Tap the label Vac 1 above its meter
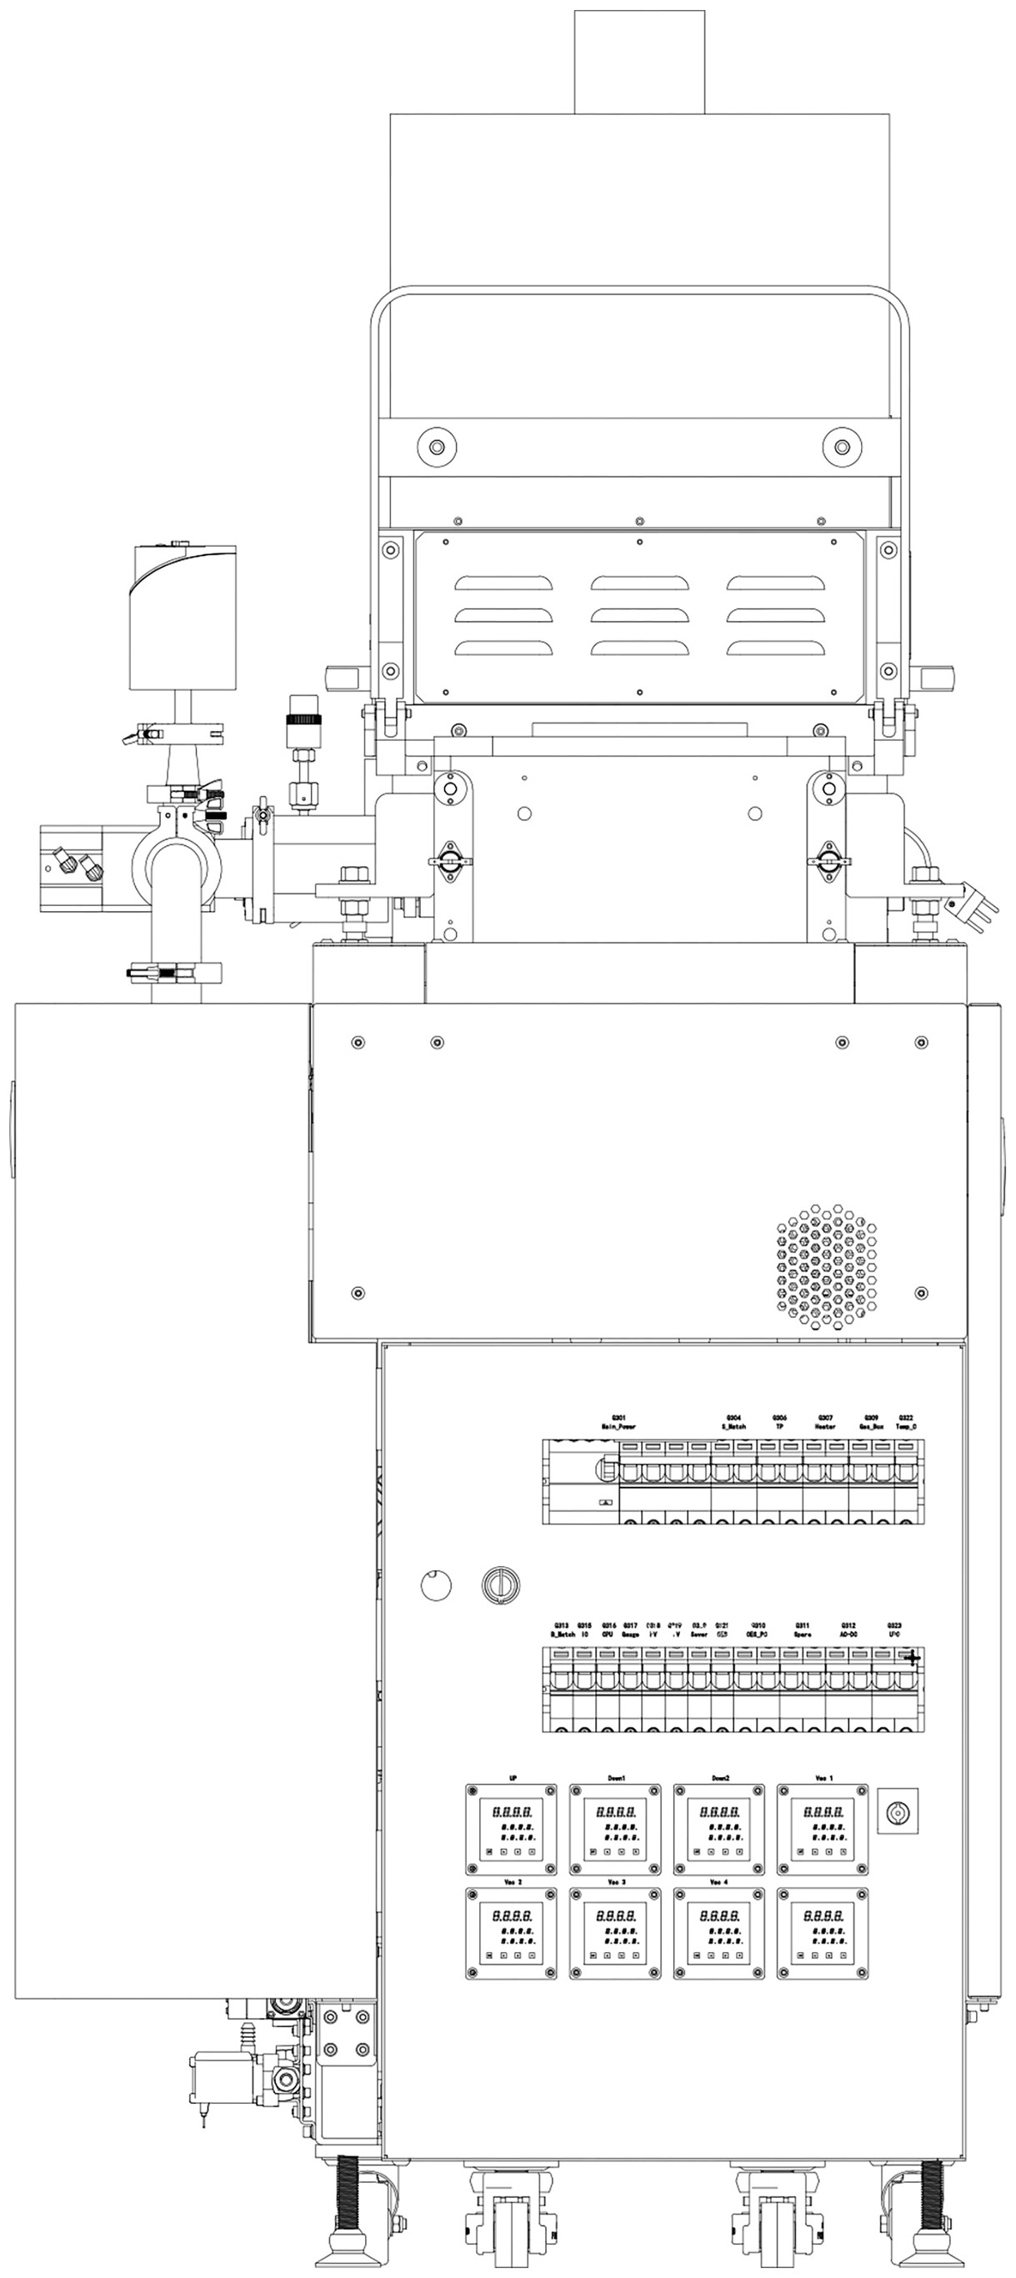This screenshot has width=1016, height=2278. point(823,1778)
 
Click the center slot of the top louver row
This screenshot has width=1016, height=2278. point(639,583)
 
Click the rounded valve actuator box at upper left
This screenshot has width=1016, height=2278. point(184,618)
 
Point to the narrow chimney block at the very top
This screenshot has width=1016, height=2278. point(639,62)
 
